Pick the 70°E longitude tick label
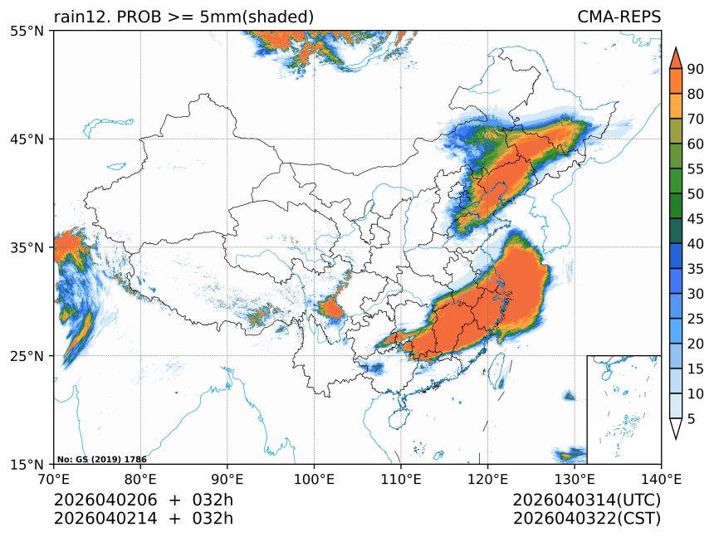click(54, 479)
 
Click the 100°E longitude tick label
click(314, 479)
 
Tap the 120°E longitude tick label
click(487, 479)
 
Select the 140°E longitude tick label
click(661, 479)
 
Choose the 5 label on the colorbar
click(691, 419)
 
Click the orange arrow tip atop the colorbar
click(676, 56)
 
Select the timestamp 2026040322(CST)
click(586, 519)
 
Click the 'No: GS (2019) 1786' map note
click(101, 459)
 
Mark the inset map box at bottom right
click(624, 409)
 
